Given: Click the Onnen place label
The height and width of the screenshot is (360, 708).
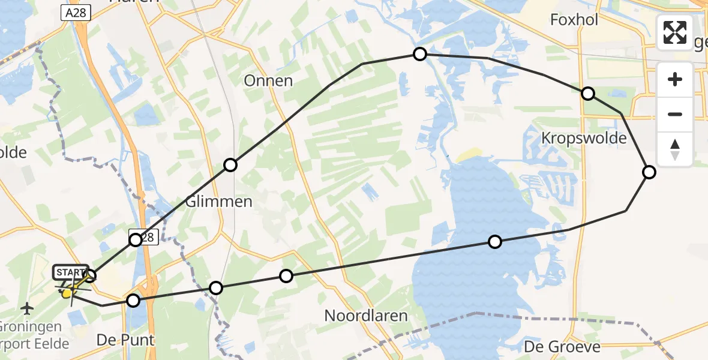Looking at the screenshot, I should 268,81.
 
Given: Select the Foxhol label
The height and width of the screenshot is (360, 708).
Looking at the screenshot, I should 574,20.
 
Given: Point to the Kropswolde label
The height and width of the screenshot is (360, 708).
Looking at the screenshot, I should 584,139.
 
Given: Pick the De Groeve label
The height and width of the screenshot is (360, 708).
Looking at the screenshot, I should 562,347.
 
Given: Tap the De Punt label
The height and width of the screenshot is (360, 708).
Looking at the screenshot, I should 125,340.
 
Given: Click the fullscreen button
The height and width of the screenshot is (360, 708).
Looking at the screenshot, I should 675,32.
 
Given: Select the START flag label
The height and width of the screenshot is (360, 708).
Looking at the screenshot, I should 71,273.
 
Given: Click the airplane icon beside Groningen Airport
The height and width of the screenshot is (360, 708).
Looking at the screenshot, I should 27,308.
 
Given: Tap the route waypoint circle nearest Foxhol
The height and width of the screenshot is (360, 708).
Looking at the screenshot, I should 588,94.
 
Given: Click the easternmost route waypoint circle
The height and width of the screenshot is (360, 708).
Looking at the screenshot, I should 649,172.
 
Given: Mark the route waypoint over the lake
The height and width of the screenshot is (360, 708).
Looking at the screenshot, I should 495,242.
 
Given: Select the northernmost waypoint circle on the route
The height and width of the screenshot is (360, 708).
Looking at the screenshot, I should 420,54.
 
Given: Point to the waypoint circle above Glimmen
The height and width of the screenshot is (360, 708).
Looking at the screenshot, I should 230,165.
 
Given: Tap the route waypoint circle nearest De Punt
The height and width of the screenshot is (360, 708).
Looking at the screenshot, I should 133,301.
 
